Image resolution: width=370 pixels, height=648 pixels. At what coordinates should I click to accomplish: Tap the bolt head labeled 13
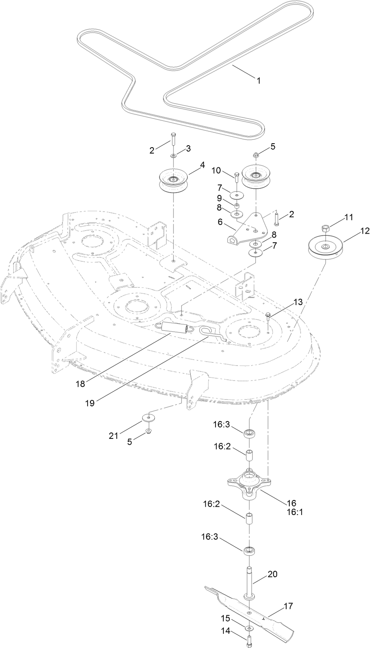click(x=268, y=315)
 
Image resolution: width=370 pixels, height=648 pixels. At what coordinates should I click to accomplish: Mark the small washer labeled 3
click(x=174, y=157)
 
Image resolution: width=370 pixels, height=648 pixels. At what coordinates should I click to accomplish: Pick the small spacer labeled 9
click(x=237, y=206)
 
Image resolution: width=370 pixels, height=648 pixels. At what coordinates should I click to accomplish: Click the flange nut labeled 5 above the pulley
click(x=255, y=154)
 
